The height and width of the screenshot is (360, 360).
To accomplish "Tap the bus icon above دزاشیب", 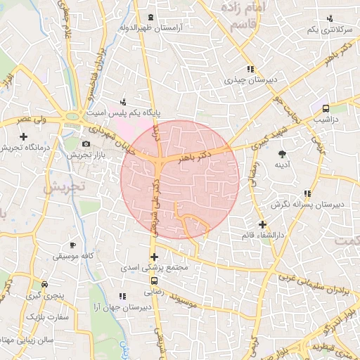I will click(x=326, y=108).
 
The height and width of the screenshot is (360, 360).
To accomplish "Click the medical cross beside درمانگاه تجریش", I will click(x=23, y=135).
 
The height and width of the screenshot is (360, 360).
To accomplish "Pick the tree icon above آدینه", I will click(x=283, y=153).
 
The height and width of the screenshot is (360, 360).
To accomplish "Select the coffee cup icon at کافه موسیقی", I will click(x=72, y=245).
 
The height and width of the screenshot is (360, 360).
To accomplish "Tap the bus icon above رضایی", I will click(x=155, y=281).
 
